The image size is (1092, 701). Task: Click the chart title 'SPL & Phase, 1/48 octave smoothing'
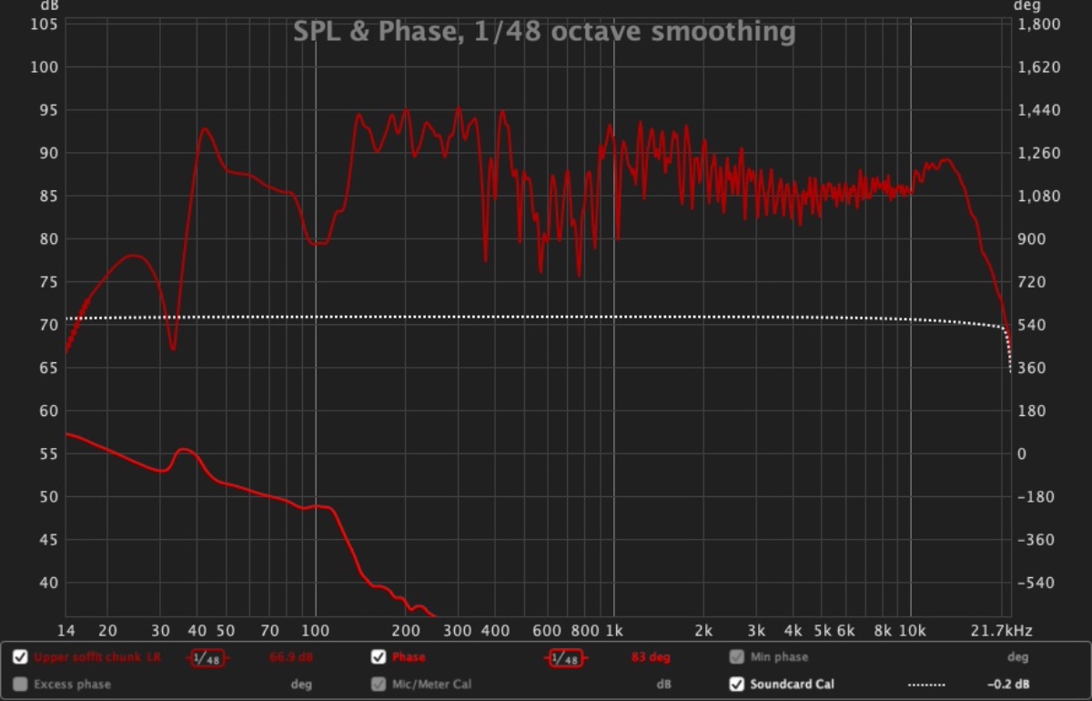[x=544, y=33]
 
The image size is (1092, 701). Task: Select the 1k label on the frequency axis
[x=613, y=630]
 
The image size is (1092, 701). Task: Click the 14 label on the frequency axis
[x=66, y=630]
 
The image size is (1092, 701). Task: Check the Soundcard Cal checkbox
[x=736, y=684]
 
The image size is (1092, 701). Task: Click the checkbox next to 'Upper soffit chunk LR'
[x=20, y=657]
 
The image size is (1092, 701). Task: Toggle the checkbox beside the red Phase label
[x=379, y=657]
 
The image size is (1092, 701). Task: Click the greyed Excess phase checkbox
[x=20, y=684]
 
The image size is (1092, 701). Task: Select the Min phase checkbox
[x=736, y=657]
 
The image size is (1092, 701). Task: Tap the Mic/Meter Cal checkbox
[x=379, y=684]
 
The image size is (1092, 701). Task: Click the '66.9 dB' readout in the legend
[x=291, y=657]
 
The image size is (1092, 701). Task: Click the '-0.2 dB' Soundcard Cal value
[x=1008, y=684]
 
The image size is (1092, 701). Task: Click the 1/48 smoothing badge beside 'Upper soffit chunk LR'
[x=208, y=658]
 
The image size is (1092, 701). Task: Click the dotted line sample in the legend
[x=926, y=685]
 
